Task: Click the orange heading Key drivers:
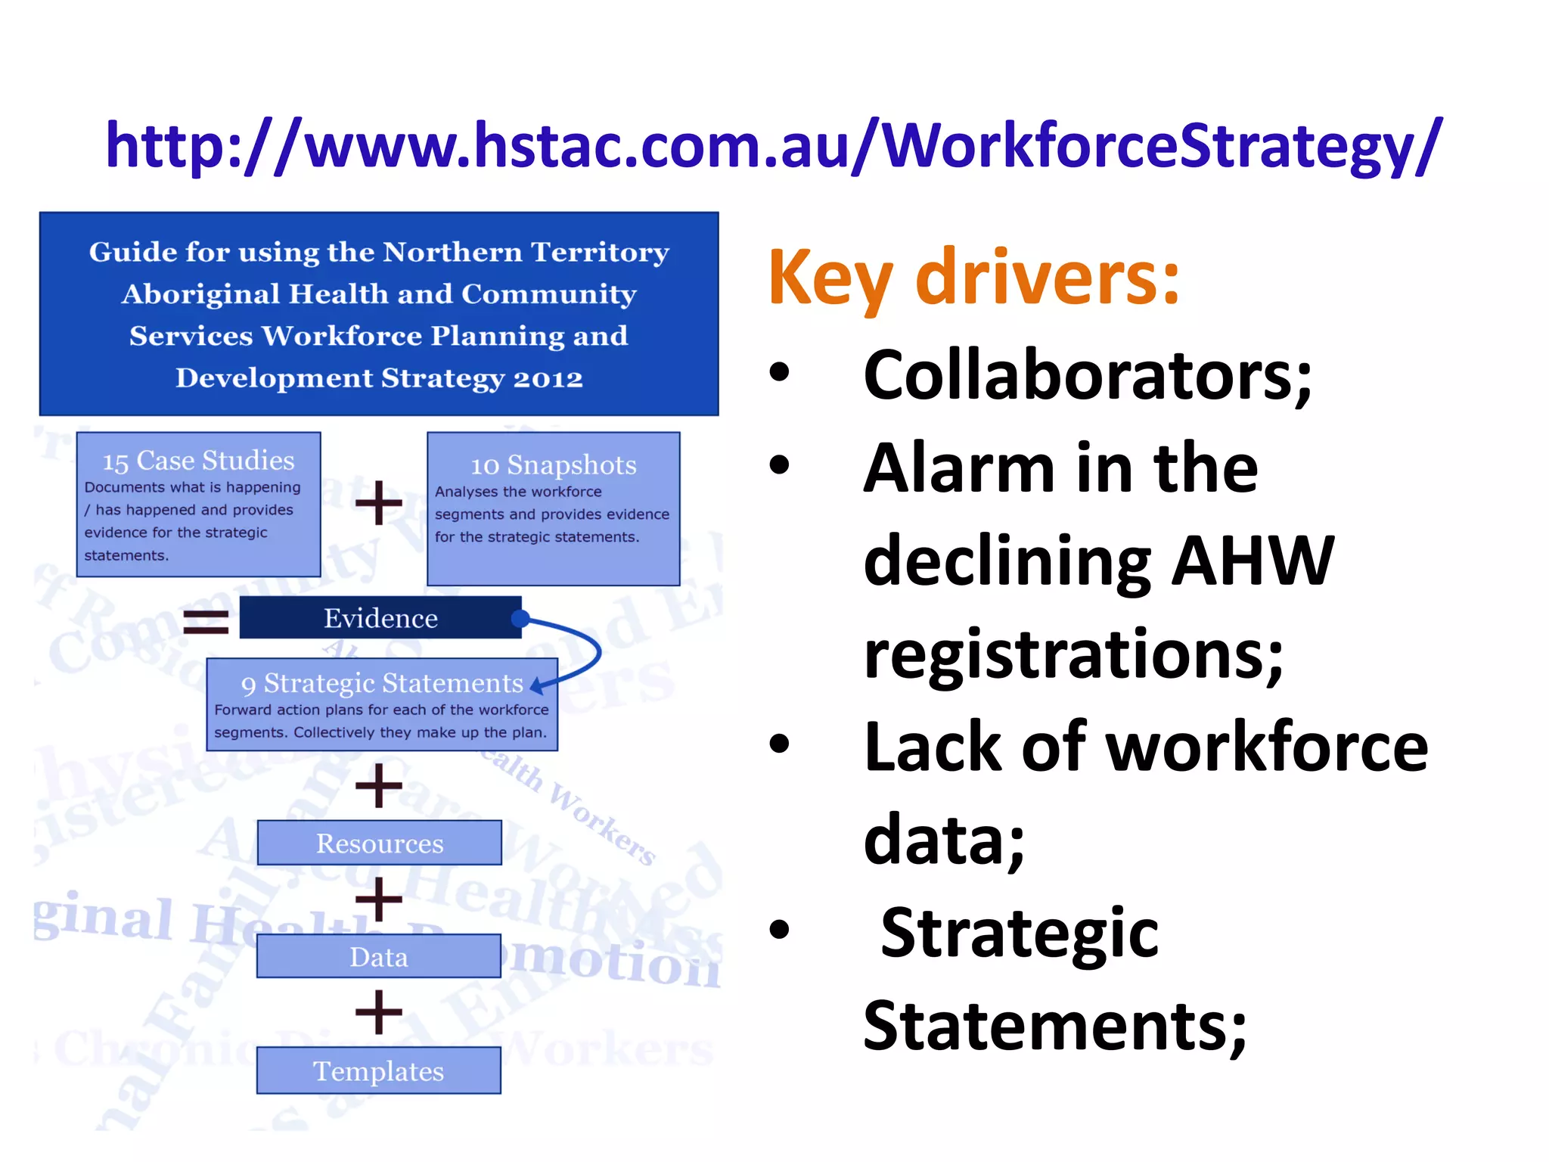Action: click(973, 278)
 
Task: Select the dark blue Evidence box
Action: click(380, 618)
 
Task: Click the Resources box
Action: click(380, 843)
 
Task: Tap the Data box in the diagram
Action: click(379, 957)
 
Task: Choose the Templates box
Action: click(379, 1070)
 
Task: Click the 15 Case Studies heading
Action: click(198, 461)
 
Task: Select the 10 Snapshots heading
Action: click(554, 464)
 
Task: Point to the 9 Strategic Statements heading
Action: click(382, 683)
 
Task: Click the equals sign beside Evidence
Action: click(206, 621)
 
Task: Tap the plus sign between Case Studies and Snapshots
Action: click(378, 503)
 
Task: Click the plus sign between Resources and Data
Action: click(378, 899)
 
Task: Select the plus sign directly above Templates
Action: click(378, 1012)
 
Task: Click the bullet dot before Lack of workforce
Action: click(779, 744)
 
